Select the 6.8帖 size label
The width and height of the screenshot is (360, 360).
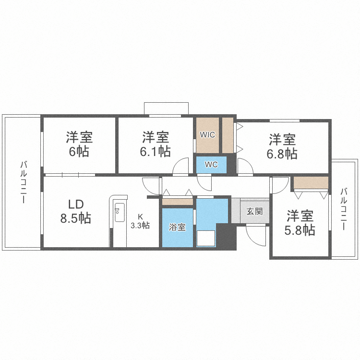282,154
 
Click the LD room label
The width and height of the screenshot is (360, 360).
76,204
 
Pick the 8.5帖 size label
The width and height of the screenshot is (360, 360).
76,218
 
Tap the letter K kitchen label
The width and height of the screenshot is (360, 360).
141,216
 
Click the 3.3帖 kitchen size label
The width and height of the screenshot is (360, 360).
141,225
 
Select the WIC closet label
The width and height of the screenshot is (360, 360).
208,135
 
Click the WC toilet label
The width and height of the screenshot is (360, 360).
211,165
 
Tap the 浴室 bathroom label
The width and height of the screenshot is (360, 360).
177,228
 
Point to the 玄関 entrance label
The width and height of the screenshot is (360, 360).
254,211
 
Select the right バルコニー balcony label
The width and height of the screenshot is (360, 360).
343,209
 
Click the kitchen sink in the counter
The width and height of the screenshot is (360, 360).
120,210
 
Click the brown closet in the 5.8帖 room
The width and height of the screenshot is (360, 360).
311,183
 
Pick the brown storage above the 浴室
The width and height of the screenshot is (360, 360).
177,202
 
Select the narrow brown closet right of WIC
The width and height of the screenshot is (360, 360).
228,135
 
